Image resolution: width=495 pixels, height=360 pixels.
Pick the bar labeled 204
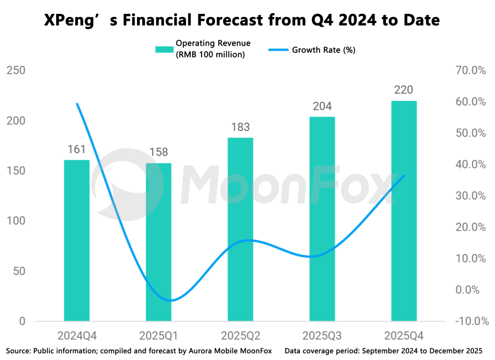click(x=322, y=219)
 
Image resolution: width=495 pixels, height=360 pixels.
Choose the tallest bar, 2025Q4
click(x=404, y=211)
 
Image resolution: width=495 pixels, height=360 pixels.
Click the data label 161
click(x=77, y=150)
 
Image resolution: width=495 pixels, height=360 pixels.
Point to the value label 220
click(x=404, y=90)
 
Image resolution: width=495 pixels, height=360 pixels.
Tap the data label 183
click(x=241, y=127)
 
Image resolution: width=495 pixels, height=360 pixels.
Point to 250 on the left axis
click(x=16, y=71)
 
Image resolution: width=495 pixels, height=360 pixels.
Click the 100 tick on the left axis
click(x=16, y=221)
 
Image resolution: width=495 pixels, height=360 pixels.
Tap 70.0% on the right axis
click(x=470, y=71)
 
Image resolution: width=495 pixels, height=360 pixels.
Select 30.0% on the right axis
click(x=470, y=196)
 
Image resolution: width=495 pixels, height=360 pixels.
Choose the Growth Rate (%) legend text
click(x=323, y=50)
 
